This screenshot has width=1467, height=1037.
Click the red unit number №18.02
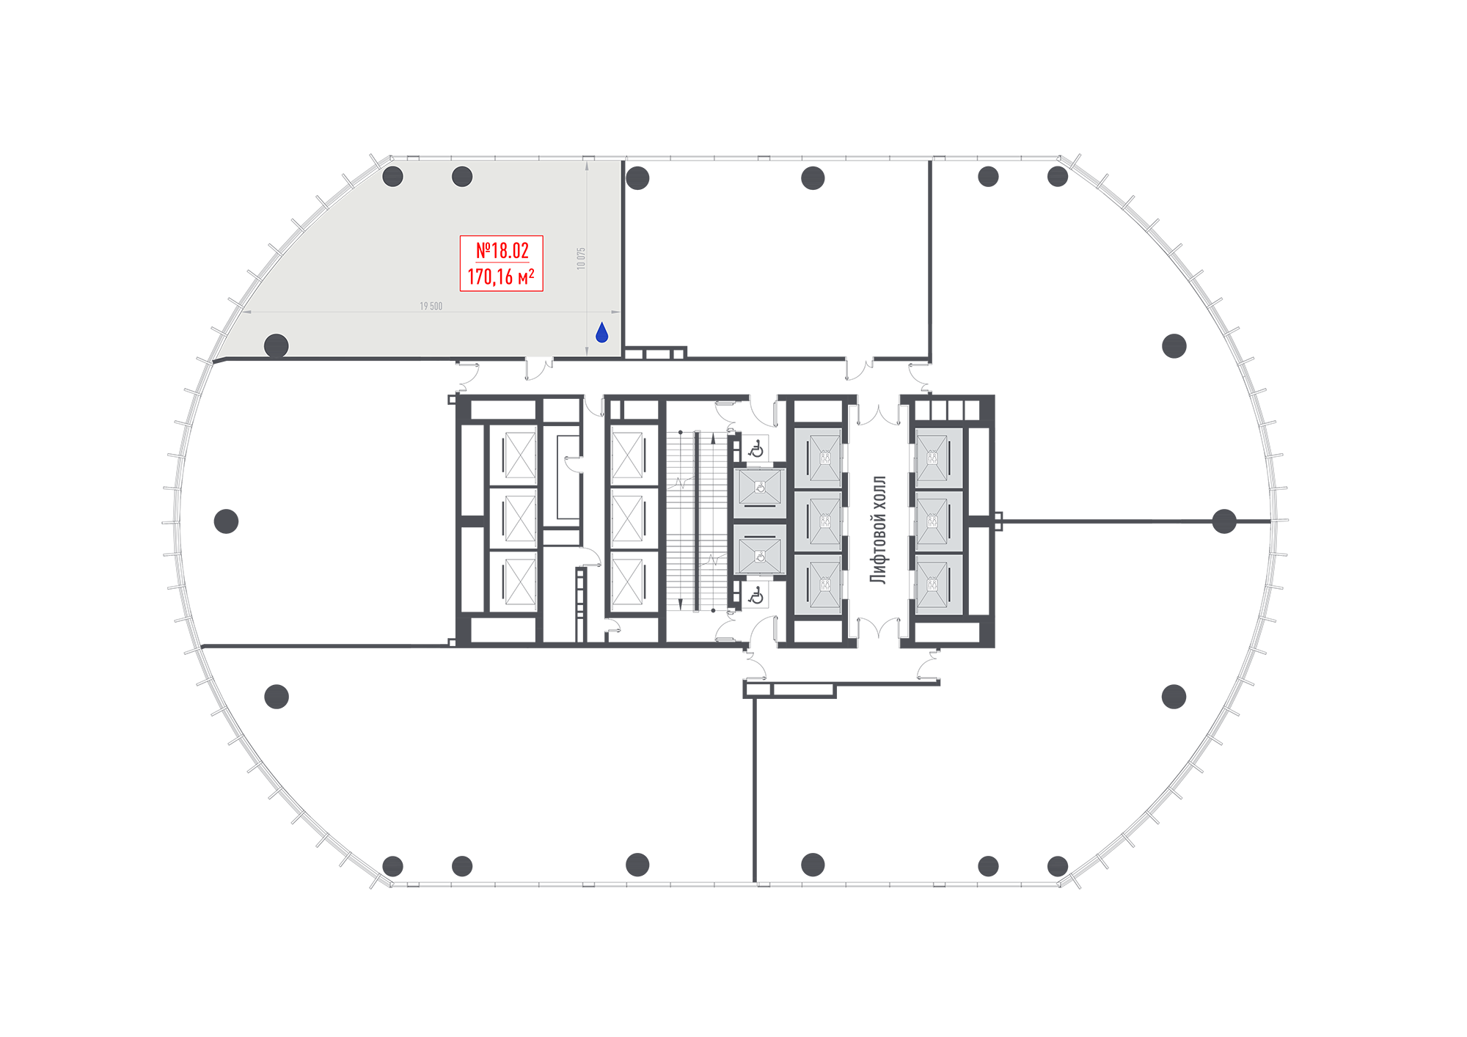[502, 251]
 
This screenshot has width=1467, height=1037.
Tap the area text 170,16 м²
[501, 276]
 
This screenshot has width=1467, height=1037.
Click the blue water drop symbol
[602, 333]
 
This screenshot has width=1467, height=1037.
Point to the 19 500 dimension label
[431, 306]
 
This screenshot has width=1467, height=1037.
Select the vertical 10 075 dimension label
[581, 258]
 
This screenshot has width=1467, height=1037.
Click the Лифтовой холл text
[878, 530]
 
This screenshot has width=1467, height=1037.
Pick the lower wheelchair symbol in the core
[756, 596]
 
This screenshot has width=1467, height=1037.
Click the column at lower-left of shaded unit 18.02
[276, 345]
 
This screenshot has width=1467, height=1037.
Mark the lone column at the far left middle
[226, 521]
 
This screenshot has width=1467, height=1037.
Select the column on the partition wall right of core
[1224, 521]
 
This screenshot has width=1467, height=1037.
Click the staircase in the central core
[698, 521]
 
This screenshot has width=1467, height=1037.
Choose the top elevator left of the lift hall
[818, 458]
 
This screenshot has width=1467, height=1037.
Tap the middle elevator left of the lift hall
[818, 521]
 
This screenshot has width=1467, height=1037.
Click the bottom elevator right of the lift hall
[938, 585]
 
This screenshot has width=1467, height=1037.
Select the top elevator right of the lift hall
[938, 458]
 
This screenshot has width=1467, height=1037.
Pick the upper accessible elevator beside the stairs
[760, 491]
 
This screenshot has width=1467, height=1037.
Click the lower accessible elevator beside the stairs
[760, 550]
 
